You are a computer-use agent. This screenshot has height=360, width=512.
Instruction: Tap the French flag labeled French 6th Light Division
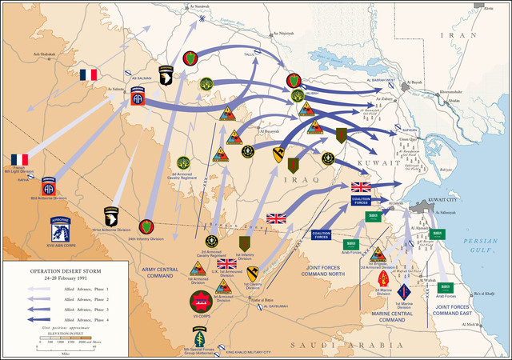click(18, 160)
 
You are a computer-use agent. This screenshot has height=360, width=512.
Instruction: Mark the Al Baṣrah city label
click(414, 82)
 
